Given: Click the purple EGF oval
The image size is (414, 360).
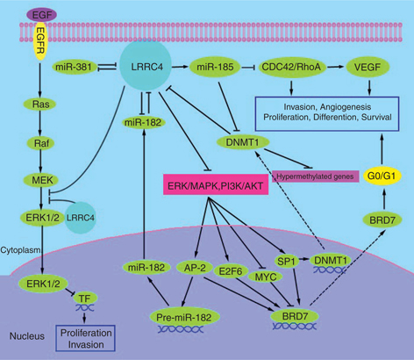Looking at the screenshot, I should click(x=39, y=12).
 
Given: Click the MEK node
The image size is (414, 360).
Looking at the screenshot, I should click(x=39, y=180).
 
